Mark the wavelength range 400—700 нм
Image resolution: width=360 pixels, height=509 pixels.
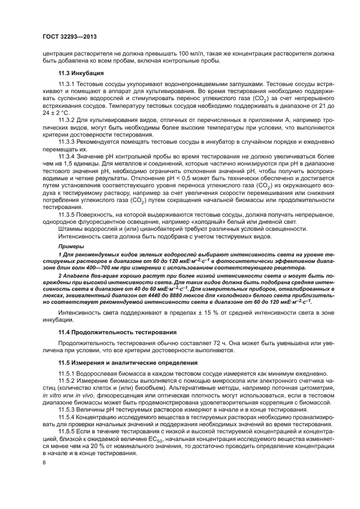[x=91, y=268]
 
